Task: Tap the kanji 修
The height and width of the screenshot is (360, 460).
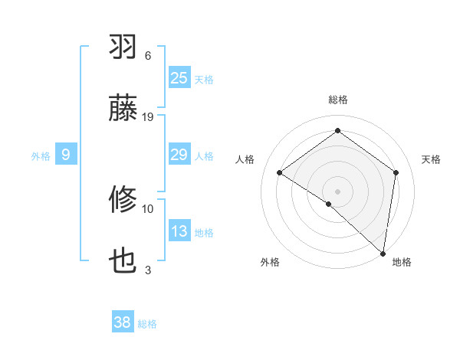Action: point(123,201)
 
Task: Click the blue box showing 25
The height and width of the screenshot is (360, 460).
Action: point(179,77)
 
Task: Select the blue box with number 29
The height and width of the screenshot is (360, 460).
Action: point(179,155)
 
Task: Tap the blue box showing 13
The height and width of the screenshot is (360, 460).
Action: point(179,231)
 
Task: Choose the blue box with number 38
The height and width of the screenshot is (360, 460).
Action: point(123,322)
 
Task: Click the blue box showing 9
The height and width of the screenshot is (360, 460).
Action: point(66,155)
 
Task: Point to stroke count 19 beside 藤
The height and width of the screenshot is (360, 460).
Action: point(148,116)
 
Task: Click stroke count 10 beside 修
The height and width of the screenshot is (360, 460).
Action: point(148,208)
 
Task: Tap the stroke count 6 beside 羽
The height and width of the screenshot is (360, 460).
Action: point(148,56)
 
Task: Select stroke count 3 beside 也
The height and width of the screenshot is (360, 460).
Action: point(148,270)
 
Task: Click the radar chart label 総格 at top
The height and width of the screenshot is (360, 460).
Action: point(337,100)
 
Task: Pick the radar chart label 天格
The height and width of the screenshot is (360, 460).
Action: point(431,159)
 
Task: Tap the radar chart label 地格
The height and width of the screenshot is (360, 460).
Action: point(402,262)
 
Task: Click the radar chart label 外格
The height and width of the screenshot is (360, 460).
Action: point(270,262)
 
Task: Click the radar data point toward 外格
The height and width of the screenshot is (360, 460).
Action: point(329,204)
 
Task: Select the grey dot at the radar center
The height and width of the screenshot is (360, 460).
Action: point(337,191)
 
